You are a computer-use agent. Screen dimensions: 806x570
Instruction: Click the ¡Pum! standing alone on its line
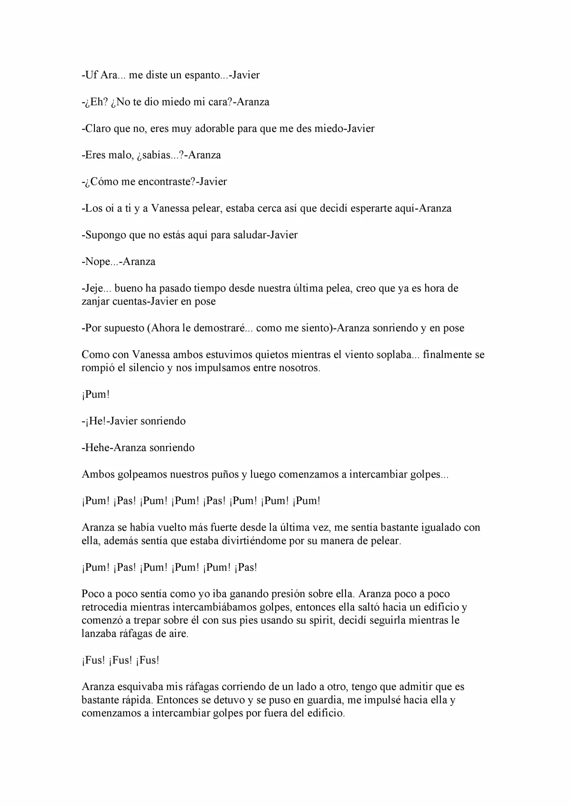pyautogui.click(x=96, y=395)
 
